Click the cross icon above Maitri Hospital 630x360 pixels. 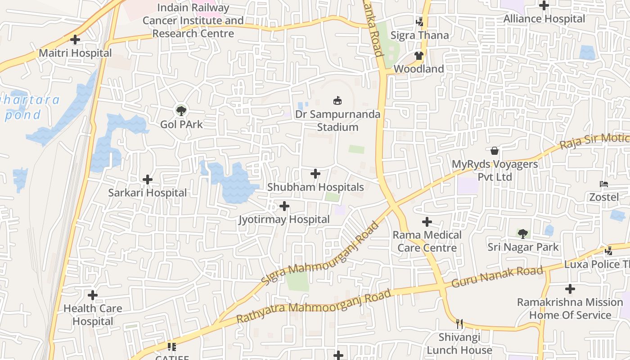pos(75,40)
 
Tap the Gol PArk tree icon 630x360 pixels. pos(181,110)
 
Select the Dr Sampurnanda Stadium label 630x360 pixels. pos(337,121)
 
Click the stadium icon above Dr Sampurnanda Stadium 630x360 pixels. pos(337,100)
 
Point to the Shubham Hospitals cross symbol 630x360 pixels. pos(315,173)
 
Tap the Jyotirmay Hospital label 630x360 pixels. pos(284,220)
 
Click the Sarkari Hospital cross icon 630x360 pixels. pos(147,180)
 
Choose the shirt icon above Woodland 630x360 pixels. pos(419,56)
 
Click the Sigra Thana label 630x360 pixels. pos(419,35)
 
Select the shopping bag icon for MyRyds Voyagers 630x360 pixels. pos(495,151)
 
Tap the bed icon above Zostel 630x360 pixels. pos(604,184)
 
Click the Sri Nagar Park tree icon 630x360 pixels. pos(522,234)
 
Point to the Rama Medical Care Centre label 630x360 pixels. pos(427,241)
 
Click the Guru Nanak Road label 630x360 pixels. pos(497,277)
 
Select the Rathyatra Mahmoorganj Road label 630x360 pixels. pos(314,306)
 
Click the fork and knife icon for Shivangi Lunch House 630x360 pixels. pos(459,324)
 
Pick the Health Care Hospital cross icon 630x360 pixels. pos(93,295)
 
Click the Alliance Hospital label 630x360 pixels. pos(544,19)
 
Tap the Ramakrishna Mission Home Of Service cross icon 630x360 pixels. pos(570,288)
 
